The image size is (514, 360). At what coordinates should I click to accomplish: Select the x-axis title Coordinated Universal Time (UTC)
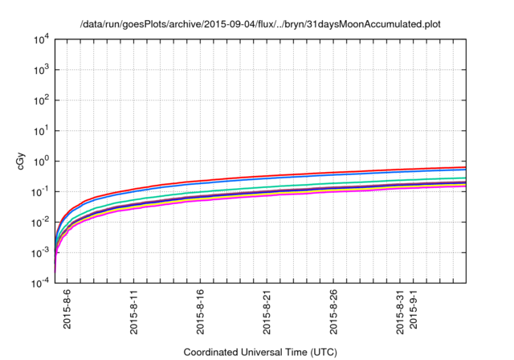(260, 352)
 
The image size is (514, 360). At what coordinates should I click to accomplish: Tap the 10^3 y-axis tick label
(43, 71)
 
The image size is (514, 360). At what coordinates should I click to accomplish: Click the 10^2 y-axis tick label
(43, 101)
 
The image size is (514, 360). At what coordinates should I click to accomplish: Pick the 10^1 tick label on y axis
(43, 131)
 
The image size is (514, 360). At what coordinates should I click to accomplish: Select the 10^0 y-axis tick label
(43, 162)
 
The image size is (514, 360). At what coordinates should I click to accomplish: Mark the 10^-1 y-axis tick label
(41, 192)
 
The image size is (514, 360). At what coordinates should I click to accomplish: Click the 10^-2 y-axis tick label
(41, 223)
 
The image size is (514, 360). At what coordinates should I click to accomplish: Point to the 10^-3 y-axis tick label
(41, 253)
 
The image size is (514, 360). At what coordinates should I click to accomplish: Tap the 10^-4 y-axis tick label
(41, 284)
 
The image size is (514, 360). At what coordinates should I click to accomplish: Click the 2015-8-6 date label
(67, 309)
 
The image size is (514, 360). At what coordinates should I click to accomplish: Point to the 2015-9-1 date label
(414, 309)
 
